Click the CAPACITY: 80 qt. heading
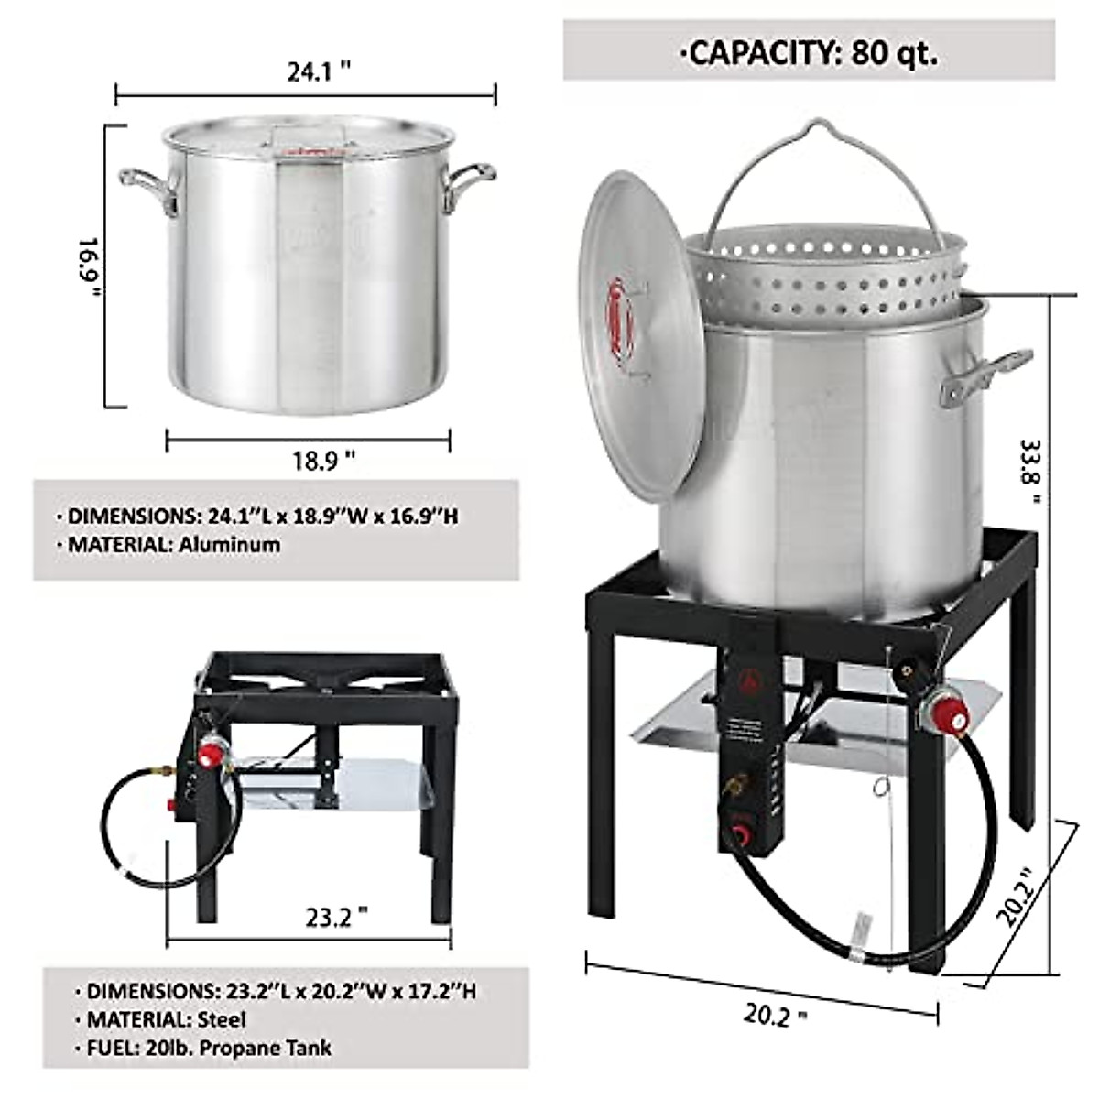pyautogui.click(x=808, y=53)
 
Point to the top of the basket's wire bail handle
pyautogui.click(x=806, y=128)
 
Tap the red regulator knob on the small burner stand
pyautogui.click(x=212, y=756)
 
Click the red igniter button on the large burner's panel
pyautogui.click(x=740, y=835)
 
